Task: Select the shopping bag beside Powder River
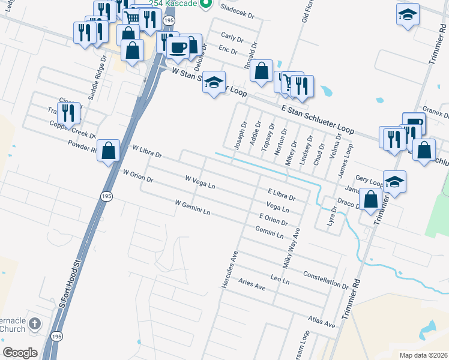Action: click(x=108, y=151)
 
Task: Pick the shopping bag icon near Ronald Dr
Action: click(x=261, y=71)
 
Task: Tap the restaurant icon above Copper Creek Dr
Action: click(x=68, y=112)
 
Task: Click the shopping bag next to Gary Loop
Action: click(x=372, y=199)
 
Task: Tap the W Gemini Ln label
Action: click(x=192, y=208)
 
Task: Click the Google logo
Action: click(x=20, y=352)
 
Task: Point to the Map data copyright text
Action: click(x=423, y=355)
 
